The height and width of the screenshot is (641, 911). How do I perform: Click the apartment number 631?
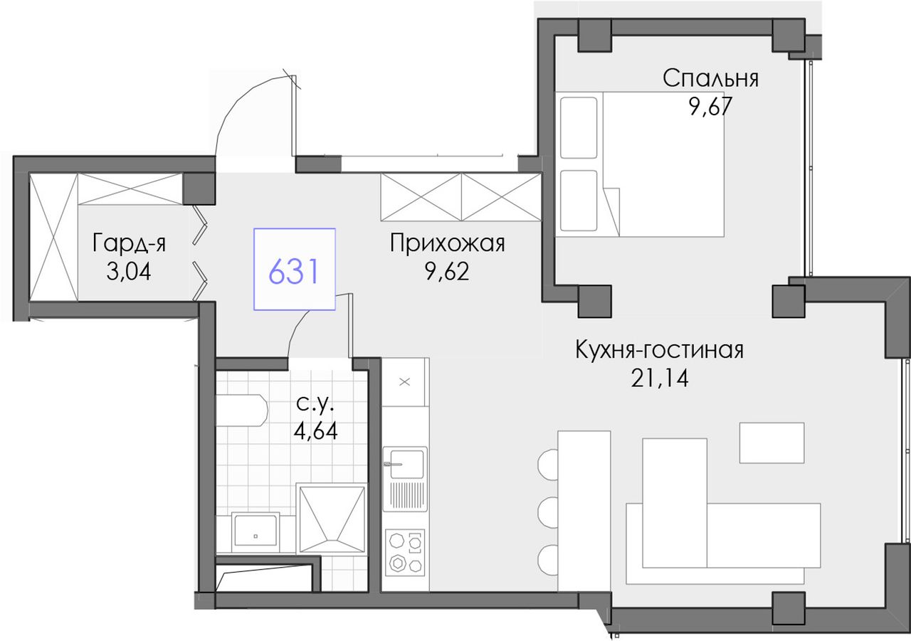293,272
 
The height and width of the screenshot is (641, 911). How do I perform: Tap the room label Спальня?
710,78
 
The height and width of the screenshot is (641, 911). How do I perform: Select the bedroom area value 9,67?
710,107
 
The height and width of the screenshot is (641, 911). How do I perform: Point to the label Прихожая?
448,243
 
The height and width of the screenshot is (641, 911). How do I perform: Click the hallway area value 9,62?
448,272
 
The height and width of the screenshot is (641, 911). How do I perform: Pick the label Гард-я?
129,243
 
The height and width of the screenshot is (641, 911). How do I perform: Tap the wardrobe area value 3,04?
129,272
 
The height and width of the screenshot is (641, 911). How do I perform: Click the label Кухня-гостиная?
660,350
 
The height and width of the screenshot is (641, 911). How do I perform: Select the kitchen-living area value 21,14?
660,378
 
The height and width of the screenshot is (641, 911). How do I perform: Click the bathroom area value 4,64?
315,431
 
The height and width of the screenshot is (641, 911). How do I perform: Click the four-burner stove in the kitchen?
405,552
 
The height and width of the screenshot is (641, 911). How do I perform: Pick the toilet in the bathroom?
241,410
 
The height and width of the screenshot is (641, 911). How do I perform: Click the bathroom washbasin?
255,529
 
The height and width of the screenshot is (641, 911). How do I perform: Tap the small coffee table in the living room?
772,443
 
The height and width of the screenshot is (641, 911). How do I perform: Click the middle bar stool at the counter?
548,514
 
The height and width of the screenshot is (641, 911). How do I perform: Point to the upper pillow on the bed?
579,127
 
